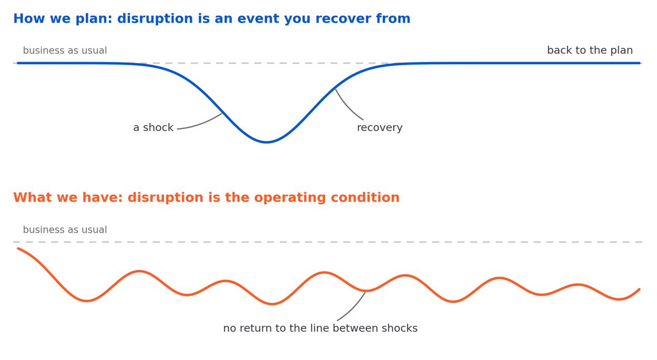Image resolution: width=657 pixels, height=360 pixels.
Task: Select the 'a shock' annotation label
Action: [153, 127]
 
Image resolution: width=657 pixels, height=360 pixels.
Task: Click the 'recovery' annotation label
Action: [380, 127]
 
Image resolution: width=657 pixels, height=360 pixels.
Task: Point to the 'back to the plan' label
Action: [590, 50]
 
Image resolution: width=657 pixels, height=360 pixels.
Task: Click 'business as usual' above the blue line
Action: [65, 51]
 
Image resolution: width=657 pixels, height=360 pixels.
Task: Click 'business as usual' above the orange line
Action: [65, 229]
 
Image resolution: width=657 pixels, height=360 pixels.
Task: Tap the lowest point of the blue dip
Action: [266, 142]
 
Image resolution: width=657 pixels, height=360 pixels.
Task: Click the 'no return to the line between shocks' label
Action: [320, 328]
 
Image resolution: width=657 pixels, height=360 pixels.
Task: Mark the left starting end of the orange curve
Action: [18, 248]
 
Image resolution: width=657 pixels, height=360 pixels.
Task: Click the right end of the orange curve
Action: [640, 289]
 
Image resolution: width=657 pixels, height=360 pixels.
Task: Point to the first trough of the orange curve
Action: [86, 301]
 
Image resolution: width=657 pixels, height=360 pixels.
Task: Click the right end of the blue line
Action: [640, 63]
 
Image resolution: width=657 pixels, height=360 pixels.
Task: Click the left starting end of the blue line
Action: [18, 63]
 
